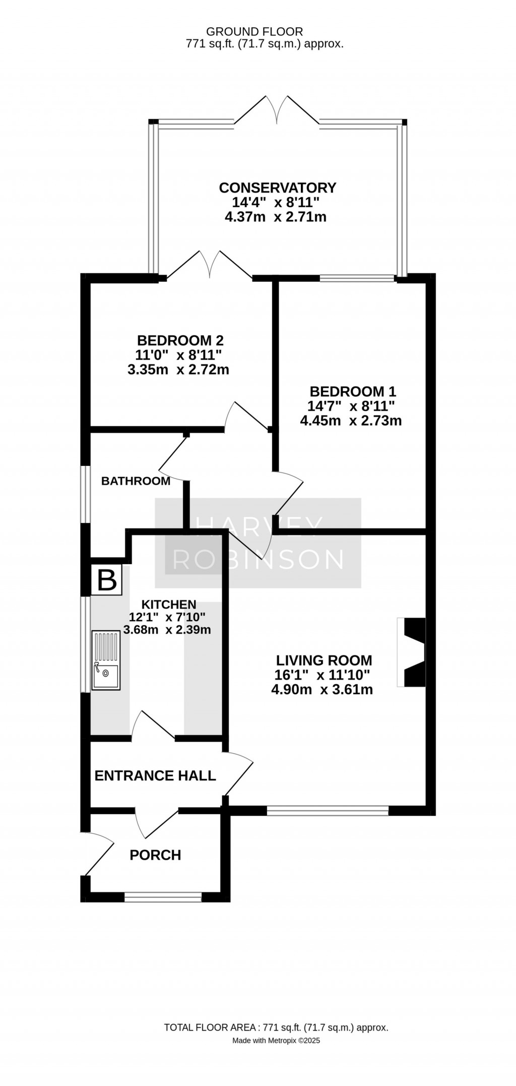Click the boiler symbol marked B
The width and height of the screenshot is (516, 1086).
106,580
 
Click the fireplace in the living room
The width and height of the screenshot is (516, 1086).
412,651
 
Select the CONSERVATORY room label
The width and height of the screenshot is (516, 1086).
277,188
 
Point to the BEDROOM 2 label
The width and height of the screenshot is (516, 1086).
180,340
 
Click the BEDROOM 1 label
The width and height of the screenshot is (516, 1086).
353,391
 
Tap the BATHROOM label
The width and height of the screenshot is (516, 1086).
136,481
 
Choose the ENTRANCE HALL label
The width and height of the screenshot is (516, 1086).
155,775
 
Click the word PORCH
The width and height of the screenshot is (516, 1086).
155,855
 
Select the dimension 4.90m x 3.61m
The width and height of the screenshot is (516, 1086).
322,690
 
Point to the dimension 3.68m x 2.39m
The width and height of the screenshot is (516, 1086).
167,630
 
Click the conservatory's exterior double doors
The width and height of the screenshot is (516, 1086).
277,108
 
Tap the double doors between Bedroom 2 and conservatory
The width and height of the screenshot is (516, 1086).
209,264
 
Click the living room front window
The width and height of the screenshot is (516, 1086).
328,810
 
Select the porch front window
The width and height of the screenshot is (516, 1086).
163,897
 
